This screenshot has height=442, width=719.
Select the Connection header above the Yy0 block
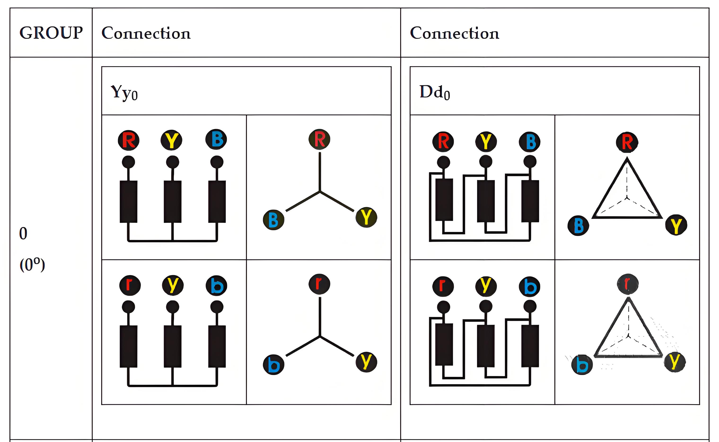pyautogui.click(x=146, y=33)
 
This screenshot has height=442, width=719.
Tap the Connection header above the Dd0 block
pyautogui.click(x=455, y=33)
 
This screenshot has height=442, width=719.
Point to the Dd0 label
pyautogui.click(x=435, y=92)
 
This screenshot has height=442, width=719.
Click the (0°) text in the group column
pyautogui.click(x=32, y=265)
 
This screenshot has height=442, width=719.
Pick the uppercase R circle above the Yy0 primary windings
pyautogui.click(x=129, y=140)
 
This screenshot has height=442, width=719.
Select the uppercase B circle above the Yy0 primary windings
pyautogui.click(x=216, y=139)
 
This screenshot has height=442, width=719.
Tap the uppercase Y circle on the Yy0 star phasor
pyautogui.click(x=366, y=217)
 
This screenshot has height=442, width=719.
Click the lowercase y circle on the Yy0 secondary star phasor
pyautogui.click(x=366, y=362)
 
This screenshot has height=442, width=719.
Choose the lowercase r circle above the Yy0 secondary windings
pyautogui.click(x=130, y=285)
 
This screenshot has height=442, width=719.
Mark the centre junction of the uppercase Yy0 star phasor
pyautogui.click(x=320, y=191)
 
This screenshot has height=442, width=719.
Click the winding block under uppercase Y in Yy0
pyautogui.click(x=173, y=202)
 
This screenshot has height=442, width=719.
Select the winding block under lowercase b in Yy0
pyautogui.click(x=217, y=346)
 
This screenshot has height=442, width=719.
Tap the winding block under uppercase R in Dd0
pyautogui.click(x=444, y=200)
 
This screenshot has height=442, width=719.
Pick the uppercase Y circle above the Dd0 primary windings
pyautogui.click(x=486, y=142)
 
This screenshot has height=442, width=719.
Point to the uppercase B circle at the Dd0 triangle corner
pyautogui.click(x=578, y=225)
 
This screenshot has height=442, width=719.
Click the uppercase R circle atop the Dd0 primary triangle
pyautogui.click(x=627, y=142)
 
